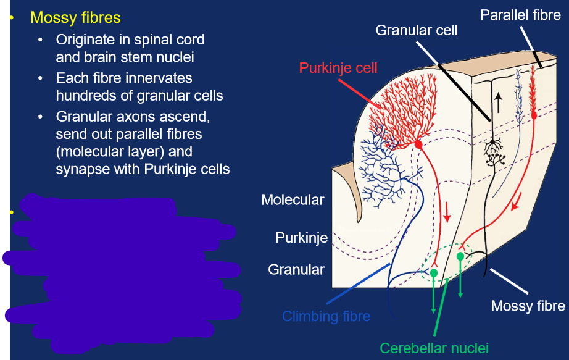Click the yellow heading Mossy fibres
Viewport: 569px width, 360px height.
75,18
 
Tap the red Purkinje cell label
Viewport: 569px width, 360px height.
338,67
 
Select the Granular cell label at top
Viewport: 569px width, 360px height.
417,29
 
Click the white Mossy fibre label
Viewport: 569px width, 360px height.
528,306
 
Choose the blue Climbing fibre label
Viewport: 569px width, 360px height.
326,317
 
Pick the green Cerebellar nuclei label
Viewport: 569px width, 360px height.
434,348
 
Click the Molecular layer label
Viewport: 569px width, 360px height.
293,199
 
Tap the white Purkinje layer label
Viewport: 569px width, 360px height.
301,237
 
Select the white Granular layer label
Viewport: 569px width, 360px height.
296,269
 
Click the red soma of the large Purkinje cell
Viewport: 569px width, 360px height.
418,144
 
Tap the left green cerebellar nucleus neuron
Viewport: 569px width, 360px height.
434,272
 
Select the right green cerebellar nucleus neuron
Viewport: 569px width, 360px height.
460,256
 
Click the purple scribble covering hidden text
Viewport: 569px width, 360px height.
123,266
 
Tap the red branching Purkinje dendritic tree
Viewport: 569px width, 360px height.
395,111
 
